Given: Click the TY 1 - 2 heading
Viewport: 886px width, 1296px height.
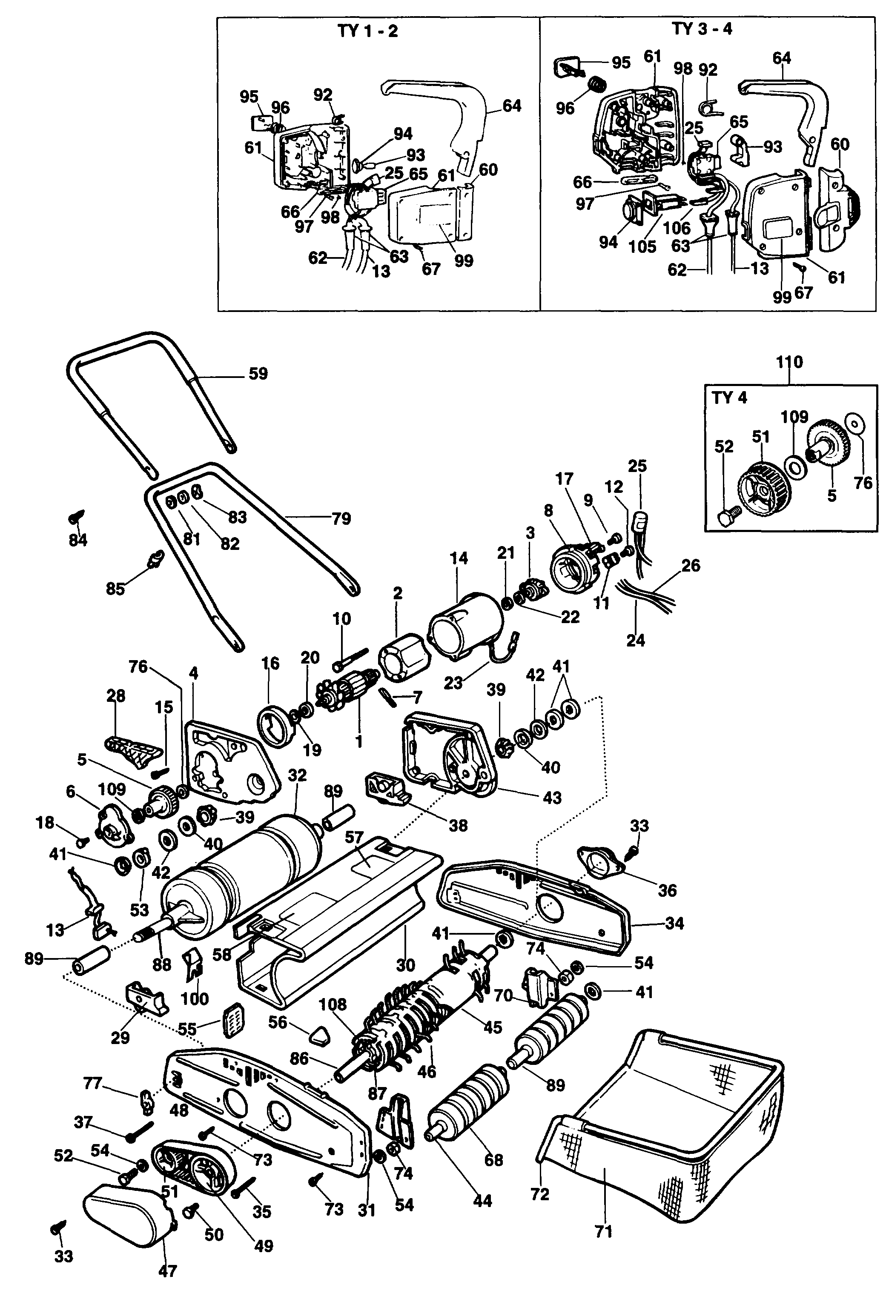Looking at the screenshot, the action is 368,31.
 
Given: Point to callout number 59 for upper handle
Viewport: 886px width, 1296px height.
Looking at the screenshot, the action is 258,374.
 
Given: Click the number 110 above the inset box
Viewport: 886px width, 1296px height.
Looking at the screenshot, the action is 789,362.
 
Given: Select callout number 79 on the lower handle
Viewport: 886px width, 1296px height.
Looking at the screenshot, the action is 341,519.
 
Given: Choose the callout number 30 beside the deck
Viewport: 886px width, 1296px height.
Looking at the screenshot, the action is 406,965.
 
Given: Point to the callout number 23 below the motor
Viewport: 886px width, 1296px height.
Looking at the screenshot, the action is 453,683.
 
